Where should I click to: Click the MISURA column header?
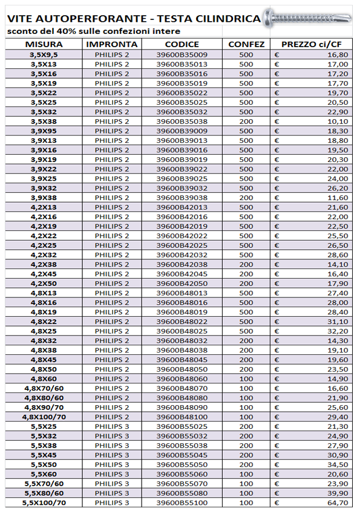[x=43, y=45]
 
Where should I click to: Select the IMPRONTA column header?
[x=112, y=45]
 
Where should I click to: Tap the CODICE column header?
[x=182, y=45]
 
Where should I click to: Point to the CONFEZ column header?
[x=246, y=45]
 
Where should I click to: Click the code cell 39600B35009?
[x=182, y=54]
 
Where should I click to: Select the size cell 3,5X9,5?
[x=43, y=54]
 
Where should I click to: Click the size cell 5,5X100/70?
[x=43, y=503]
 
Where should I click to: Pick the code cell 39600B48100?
[x=182, y=417]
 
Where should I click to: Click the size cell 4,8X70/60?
[x=43, y=388]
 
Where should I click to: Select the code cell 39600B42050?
[x=182, y=283]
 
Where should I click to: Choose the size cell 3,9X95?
[x=43, y=131]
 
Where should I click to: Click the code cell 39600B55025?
[x=182, y=426]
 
